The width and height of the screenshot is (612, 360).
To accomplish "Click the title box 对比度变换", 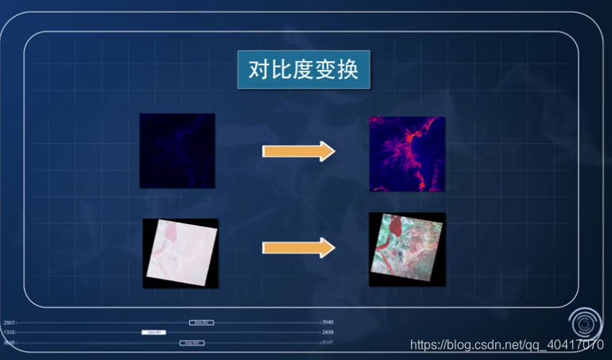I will click(304, 70).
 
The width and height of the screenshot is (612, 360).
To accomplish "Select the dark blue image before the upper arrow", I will click(177, 151).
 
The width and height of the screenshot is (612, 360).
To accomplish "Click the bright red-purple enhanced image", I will click(408, 154).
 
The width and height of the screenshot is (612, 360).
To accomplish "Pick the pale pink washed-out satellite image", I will click(180, 253).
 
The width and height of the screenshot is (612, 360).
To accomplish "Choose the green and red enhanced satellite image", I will click(407, 249).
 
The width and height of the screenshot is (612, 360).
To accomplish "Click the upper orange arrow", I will click(299, 151).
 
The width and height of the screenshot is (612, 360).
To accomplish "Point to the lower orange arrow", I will click(299, 249).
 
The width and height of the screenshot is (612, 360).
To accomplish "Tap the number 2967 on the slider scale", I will click(9, 323).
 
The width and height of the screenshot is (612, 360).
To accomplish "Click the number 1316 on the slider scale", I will click(9, 332).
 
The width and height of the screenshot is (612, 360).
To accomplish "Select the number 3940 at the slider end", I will click(327, 323).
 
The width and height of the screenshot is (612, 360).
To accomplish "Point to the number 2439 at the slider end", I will click(327, 332).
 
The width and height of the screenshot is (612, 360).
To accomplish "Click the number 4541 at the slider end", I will click(327, 343).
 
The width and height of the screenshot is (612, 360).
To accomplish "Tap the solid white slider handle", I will click(153, 332).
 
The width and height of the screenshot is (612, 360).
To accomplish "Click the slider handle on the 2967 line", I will click(201, 323).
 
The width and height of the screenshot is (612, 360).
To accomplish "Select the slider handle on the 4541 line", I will click(192, 343).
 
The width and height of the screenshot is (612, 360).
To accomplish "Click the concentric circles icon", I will click(587, 323).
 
